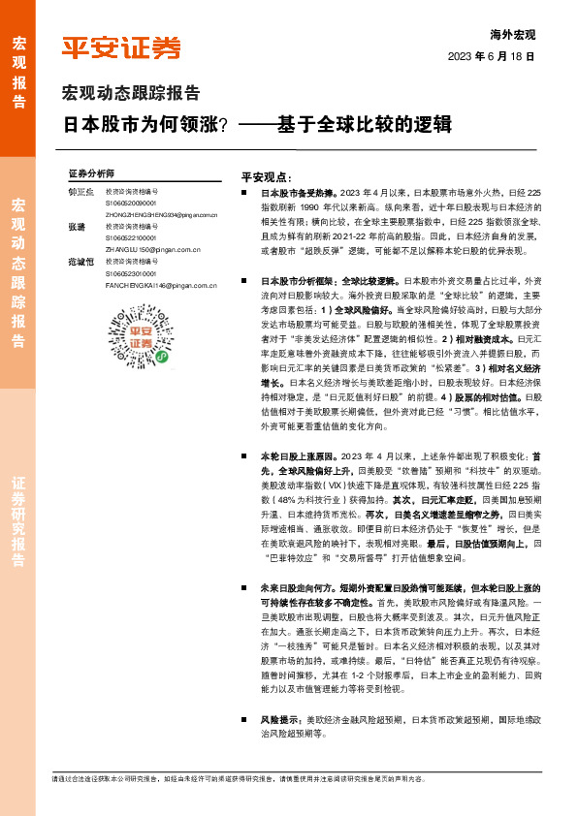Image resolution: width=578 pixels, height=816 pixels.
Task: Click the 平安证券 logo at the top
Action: click(121, 47)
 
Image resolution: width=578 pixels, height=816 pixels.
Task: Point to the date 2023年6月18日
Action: click(492, 57)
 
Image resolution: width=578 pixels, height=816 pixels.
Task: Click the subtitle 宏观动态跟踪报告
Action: click(131, 94)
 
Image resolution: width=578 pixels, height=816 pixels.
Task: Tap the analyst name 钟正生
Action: click(80, 192)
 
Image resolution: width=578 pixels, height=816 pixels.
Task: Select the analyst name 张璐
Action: click(76, 227)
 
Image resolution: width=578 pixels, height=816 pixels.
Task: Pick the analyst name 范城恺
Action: click(80, 262)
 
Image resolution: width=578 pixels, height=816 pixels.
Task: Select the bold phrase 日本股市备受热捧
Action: click(299, 194)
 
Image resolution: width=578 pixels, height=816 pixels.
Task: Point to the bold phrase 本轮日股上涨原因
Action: click(299, 454)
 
